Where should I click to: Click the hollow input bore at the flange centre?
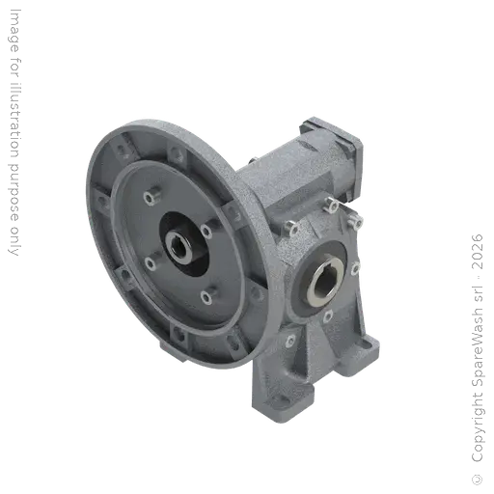tap(179, 245)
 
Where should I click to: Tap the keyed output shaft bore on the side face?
tap(322, 279)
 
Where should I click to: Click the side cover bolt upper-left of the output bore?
tap(290, 228)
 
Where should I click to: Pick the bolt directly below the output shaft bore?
tap(328, 316)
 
